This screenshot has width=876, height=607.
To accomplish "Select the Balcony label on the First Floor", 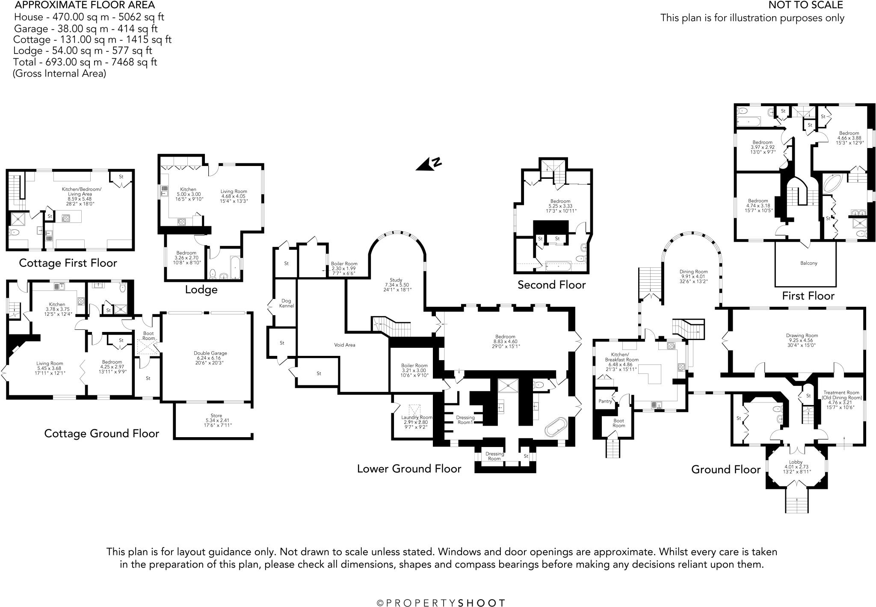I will [808, 263].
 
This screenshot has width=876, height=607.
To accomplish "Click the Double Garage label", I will [210, 353].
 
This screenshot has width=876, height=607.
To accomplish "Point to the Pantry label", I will [605, 401].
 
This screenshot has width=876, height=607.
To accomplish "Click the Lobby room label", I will [796, 462].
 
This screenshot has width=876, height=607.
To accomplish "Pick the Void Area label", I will [344, 345].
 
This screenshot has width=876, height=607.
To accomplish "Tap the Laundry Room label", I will [417, 417].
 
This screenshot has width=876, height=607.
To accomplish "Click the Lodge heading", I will [201, 290].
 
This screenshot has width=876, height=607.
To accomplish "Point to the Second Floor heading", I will [551, 285].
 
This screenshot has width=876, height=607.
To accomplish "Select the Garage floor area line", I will [86, 29].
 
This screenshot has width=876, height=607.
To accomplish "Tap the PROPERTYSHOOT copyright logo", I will [441, 603].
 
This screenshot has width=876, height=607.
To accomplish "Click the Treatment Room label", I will [840, 393].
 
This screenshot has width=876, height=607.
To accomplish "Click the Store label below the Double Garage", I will [216, 415].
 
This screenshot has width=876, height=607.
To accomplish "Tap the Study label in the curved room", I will [396, 280].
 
